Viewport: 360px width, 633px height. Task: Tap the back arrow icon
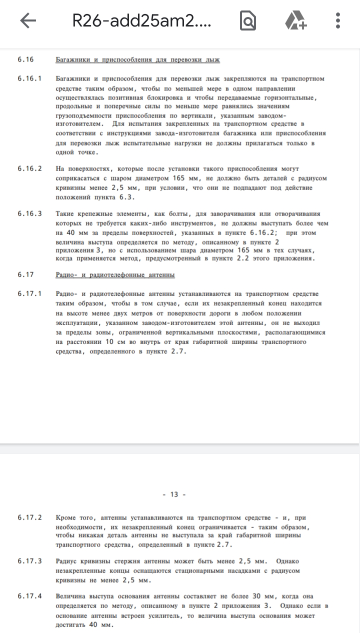click(x=28, y=20)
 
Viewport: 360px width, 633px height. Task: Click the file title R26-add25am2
click(x=142, y=20)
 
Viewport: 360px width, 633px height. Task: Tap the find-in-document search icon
click(x=248, y=20)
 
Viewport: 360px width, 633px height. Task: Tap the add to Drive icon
click(x=296, y=20)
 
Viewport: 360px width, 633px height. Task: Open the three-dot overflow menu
click(x=338, y=20)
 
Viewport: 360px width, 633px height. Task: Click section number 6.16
click(x=25, y=59)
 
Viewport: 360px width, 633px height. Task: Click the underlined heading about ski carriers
click(x=137, y=60)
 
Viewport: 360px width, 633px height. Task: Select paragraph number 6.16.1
click(x=29, y=79)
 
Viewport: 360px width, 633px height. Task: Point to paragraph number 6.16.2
click(x=29, y=168)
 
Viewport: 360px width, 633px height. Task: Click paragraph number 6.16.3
click(x=29, y=213)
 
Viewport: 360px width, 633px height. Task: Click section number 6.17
click(x=25, y=274)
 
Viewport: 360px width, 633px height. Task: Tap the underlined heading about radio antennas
click(x=115, y=275)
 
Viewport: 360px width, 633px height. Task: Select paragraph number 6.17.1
click(x=29, y=294)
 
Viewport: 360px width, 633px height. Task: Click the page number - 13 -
click(x=174, y=494)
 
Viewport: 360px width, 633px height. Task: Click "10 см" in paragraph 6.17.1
click(x=115, y=342)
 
